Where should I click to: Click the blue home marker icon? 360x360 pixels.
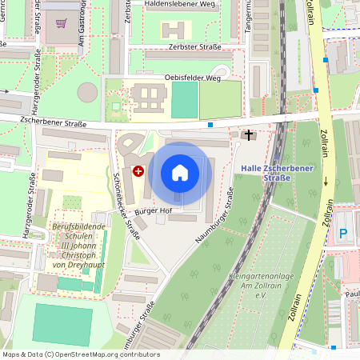tap(180, 173)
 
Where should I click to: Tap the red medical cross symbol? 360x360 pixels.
tap(138, 170)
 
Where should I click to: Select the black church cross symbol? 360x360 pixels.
tap(249, 135)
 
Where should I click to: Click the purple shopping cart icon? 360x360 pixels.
tap(62, 22)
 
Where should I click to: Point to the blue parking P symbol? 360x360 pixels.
tap(343, 234)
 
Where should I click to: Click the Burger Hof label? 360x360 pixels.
tap(154, 210)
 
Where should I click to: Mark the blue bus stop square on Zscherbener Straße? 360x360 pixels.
tap(210, 125)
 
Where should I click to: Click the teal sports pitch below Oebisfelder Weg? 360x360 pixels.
tap(184, 100)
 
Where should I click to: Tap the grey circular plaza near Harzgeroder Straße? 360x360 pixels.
tap(87, 93)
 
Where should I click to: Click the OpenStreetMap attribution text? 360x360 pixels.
tap(81, 354)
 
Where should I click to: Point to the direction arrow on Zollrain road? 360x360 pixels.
tap(326, 182)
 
